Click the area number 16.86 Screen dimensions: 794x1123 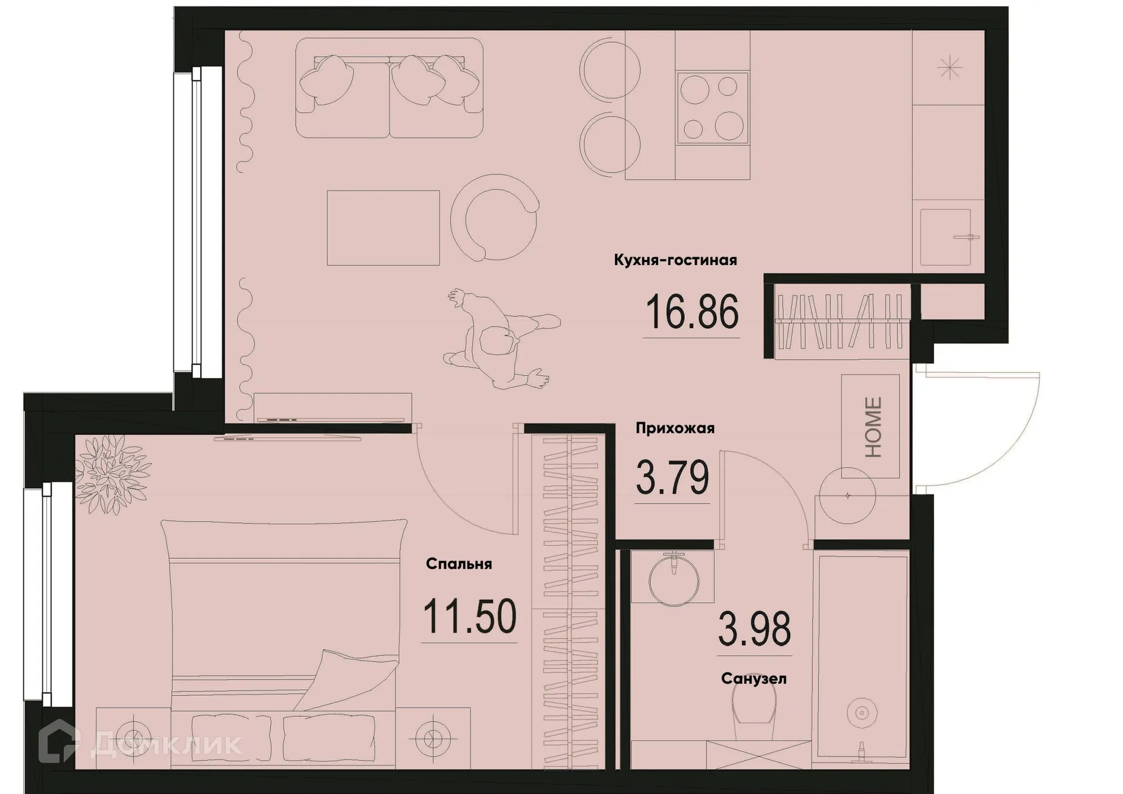coord(692,312)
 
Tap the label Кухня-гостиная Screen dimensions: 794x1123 coord(675,260)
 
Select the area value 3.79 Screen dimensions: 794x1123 coord(672,477)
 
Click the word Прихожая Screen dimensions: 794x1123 coord(675,428)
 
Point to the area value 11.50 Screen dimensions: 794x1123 coord(469,617)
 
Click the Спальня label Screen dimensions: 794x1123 coord(459,564)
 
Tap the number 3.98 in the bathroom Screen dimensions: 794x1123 coord(754,629)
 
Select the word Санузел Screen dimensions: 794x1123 coord(753,679)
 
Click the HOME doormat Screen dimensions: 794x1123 coord(870,427)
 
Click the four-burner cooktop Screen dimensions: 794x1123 coord(712,108)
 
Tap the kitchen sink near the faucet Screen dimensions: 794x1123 coord(945,237)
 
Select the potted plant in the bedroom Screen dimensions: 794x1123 coord(111,473)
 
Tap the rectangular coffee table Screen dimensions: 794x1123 coord(383,228)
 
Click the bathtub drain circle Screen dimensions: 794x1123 coord(861,713)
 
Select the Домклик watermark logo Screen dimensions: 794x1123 coord(140,744)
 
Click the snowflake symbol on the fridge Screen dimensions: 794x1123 coord(949,68)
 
